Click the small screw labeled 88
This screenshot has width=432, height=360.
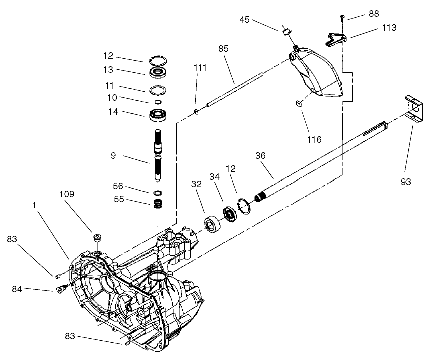[x=342, y=19]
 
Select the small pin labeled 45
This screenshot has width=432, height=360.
[x=285, y=31]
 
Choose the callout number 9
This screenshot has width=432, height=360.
[x=114, y=156]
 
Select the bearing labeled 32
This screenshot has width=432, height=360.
[x=213, y=225]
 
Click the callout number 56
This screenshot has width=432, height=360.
[x=118, y=186]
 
